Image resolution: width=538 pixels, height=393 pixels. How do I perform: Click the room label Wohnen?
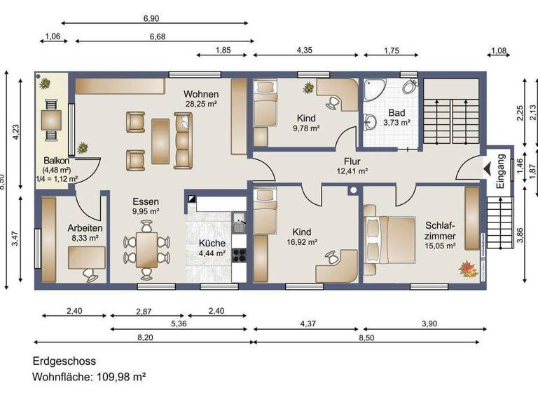(201, 94)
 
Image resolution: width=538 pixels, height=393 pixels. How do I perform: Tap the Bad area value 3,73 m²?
(396, 122)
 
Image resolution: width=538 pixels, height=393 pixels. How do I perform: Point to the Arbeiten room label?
(85, 228)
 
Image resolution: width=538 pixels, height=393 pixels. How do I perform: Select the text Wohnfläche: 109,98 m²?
(90, 377)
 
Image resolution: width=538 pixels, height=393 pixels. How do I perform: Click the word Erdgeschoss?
(64, 361)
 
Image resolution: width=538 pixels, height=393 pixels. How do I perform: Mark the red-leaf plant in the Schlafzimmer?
(465, 267)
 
